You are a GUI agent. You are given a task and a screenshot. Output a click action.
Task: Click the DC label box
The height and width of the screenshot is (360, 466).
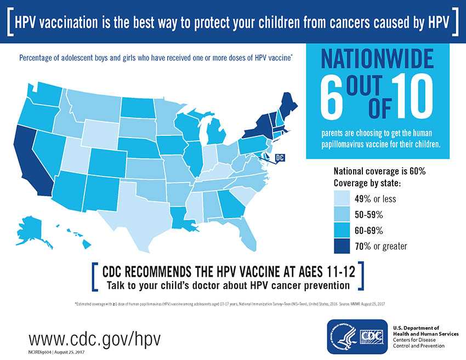[x=280, y=158]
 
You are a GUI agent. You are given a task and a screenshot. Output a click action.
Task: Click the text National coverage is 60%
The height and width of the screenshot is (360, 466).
[x=379, y=172]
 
